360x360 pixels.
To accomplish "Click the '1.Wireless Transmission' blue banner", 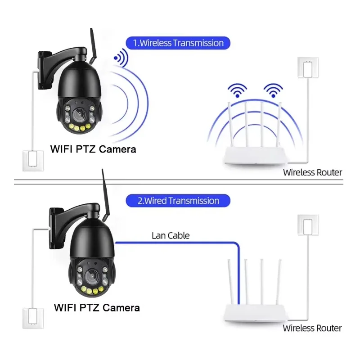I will point(178,43).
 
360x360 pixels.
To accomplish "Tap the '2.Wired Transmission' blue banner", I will point(178,201).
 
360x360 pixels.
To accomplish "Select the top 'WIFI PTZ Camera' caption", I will point(93,148).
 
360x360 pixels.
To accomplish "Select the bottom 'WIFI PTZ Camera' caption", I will point(97,308).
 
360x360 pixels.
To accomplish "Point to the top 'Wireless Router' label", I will point(312,172).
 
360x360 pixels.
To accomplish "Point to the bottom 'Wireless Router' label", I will point(312,328).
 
